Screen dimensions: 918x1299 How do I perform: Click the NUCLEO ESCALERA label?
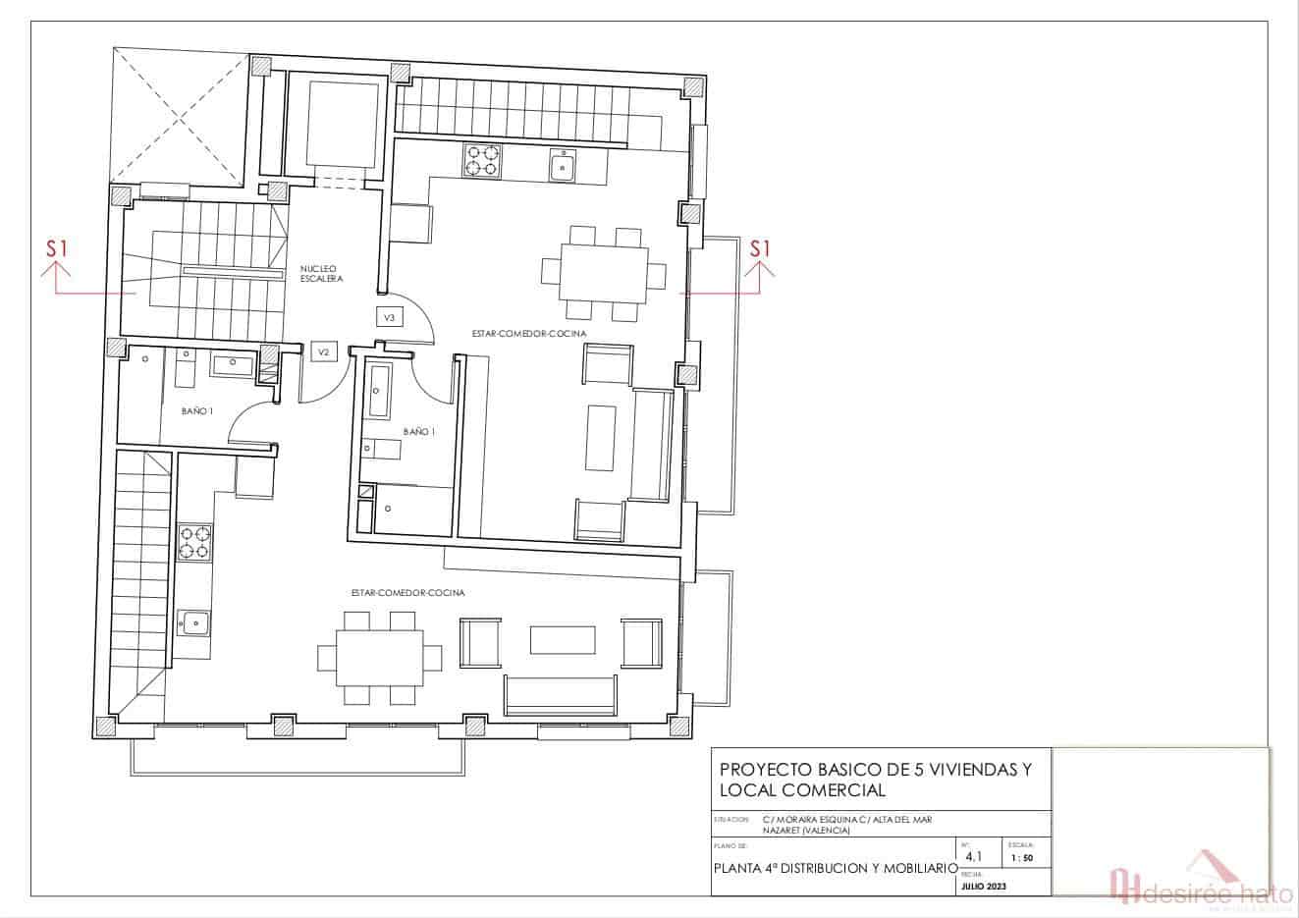[321, 273]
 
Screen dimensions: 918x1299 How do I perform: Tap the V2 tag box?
[322, 351]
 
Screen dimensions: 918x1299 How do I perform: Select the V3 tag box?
[389, 317]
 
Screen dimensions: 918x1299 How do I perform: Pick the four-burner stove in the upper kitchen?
[481, 160]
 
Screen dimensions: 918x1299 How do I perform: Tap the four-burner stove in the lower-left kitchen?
[194, 543]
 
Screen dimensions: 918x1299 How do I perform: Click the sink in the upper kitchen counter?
[563, 165]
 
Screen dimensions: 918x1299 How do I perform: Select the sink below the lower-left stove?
[194, 621]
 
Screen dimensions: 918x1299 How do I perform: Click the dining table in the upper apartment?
[604, 273]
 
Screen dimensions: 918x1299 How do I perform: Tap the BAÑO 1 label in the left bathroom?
[196, 411]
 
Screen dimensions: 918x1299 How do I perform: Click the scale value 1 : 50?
[1021, 858]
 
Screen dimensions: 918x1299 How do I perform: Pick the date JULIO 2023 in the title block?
[983, 887]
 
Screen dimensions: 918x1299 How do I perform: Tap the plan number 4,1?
[973, 856]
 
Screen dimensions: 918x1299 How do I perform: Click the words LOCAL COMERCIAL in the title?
[802, 790]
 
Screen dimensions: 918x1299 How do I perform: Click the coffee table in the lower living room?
[564, 640]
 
